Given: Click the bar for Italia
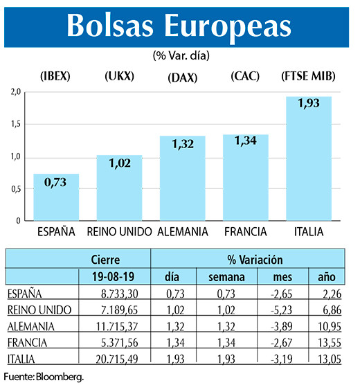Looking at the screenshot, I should click(x=308, y=159).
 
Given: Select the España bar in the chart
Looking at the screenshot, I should click(x=56, y=197).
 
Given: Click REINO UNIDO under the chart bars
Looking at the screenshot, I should click(x=119, y=231).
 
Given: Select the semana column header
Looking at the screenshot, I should click(x=224, y=278).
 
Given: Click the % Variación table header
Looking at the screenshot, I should click(x=255, y=261).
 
